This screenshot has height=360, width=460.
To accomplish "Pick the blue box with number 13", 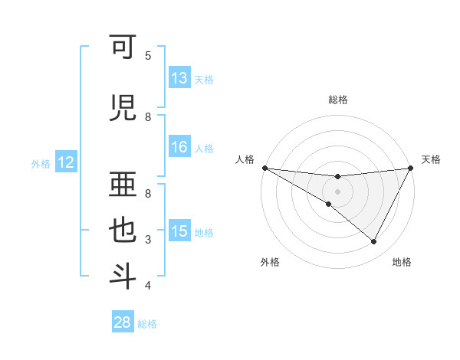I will point(179,78).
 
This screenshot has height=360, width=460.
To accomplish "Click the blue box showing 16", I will point(179,148).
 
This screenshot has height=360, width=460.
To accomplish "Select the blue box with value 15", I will point(179,231).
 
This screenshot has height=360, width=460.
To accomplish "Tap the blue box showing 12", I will point(66,162).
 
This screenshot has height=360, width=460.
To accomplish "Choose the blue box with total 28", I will point(122,322).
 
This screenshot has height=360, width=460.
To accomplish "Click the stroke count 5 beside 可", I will point(148,56).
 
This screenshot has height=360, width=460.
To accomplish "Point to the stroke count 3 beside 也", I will point(148,240).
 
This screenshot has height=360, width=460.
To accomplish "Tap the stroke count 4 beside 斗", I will point(148,286).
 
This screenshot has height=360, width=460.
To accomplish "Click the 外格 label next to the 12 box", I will point(40,163).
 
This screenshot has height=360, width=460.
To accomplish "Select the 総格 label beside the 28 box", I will point(147,324).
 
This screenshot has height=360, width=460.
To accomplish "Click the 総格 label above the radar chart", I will point(337,100).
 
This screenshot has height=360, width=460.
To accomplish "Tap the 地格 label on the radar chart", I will point(402,262).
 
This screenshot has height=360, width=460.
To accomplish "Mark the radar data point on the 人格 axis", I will point(265,167).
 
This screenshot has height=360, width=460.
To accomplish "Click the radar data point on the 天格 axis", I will point(410,168).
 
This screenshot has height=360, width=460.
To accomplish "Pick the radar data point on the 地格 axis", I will point(374,242).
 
